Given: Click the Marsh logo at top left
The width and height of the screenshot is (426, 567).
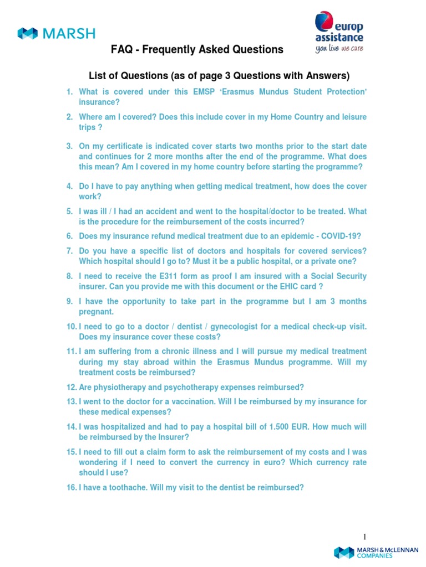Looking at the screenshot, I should pyautogui.click(x=55, y=33).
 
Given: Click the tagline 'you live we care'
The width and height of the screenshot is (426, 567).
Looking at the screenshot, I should pyautogui.click(x=339, y=49).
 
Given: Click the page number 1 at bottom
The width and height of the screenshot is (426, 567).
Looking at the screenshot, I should pyautogui.click(x=365, y=537).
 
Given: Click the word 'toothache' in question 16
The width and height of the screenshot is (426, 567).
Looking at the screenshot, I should pyautogui.click(x=123, y=488).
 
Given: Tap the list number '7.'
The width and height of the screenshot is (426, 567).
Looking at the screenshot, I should pyautogui.click(x=69, y=251).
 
